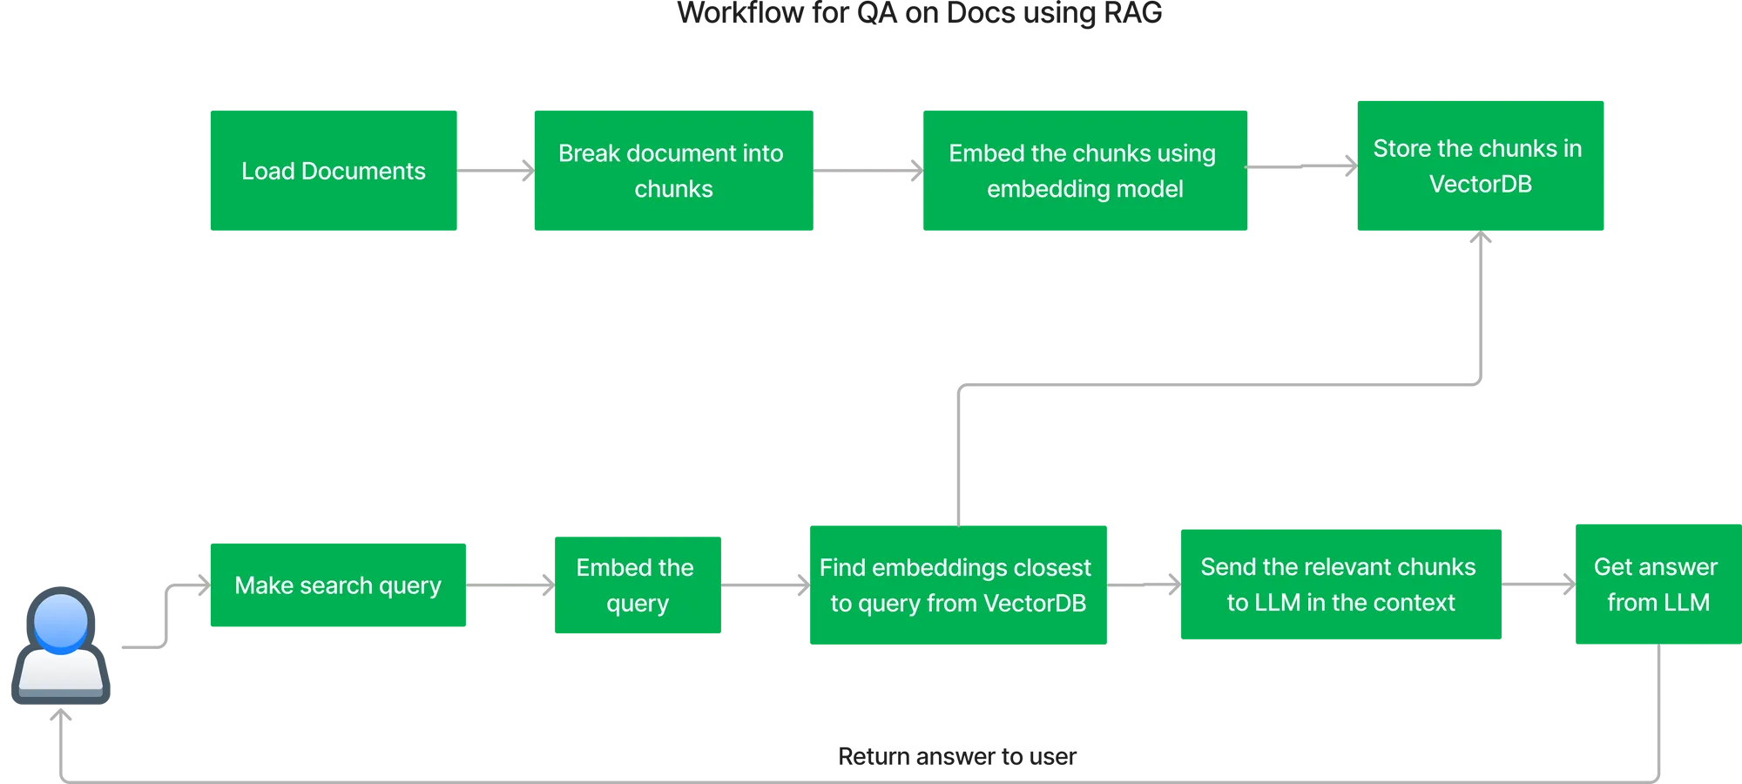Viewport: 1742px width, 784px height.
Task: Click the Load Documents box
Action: tap(332, 171)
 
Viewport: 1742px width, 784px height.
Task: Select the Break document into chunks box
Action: tap(672, 171)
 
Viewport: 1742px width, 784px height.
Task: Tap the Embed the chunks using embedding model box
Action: tap(1085, 171)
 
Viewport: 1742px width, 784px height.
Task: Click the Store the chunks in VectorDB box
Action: tap(1479, 166)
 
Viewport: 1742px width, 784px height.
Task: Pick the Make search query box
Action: tap(337, 585)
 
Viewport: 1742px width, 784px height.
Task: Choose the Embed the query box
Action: tap(637, 585)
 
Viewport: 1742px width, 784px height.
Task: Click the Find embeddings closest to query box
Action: tap(959, 585)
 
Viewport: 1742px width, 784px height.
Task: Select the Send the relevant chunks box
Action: tap(1340, 584)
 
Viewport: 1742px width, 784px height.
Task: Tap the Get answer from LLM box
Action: tap(1657, 584)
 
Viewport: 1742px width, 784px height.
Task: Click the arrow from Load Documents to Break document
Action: tap(494, 171)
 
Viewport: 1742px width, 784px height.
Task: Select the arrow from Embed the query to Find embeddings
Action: tap(765, 585)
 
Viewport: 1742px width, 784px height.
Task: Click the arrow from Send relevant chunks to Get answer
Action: tap(1536, 585)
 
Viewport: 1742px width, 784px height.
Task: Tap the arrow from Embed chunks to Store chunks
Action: tap(1302, 166)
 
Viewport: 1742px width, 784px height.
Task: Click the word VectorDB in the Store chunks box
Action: tap(1480, 185)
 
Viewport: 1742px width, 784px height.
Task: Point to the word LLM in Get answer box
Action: tap(1686, 603)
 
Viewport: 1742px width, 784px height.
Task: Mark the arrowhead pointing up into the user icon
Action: tap(61, 716)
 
